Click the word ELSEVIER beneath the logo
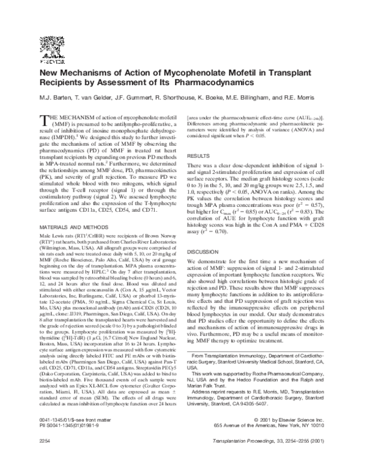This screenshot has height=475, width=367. tap(48, 62)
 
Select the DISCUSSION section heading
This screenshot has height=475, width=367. tap(204, 251)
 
